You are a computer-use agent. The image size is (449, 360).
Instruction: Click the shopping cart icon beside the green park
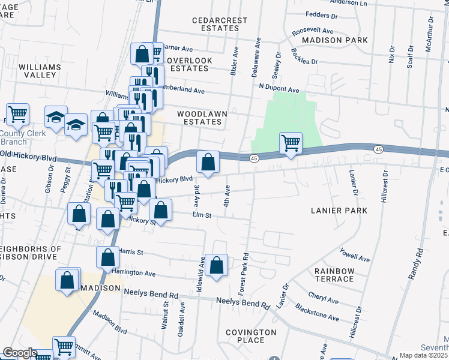click(x=291, y=143)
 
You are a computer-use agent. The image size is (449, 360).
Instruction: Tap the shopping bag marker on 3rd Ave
click(x=208, y=163)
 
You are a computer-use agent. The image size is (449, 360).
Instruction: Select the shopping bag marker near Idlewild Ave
click(x=217, y=265)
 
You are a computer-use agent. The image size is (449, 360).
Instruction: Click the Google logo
click(x=20, y=353)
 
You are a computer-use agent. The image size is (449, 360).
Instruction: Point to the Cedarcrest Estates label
click(x=220, y=24)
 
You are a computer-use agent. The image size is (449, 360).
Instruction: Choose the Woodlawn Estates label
click(x=199, y=117)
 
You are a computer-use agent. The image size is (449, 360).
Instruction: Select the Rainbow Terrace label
click(x=334, y=275)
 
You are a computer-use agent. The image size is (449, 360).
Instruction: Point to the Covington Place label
click(x=251, y=336)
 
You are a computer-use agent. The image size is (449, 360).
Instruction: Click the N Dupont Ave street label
click(x=279, y=89)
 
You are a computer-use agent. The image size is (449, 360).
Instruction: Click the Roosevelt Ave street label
click(x=312, y=31)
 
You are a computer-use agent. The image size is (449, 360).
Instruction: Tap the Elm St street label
click(x=202, y=215)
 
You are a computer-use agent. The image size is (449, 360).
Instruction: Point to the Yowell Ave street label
click(x=354, y=254)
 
